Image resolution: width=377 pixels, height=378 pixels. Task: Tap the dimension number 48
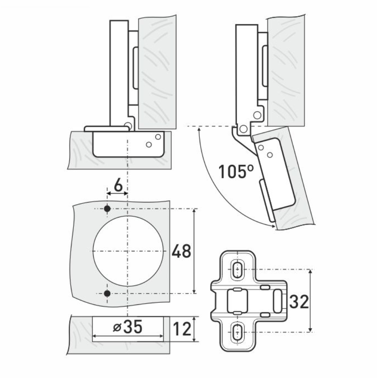click(x=181, y=251)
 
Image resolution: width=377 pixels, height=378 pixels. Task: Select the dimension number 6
click(x=118, y=186)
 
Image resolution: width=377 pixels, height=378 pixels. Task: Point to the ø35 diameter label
click(x=128, y=327)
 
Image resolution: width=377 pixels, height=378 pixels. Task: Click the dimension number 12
click(x=182, y=329)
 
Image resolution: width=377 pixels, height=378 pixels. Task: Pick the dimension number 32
click(x=299, y=301)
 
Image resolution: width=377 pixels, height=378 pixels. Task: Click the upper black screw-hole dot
click(x=107, y=209)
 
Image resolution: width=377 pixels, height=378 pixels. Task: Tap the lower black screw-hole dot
click(x=107, y=294)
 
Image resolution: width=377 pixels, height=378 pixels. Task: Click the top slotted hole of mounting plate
click(x=238, y=269)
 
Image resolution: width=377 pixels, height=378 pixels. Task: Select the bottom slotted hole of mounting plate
click(x=238, y=332)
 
